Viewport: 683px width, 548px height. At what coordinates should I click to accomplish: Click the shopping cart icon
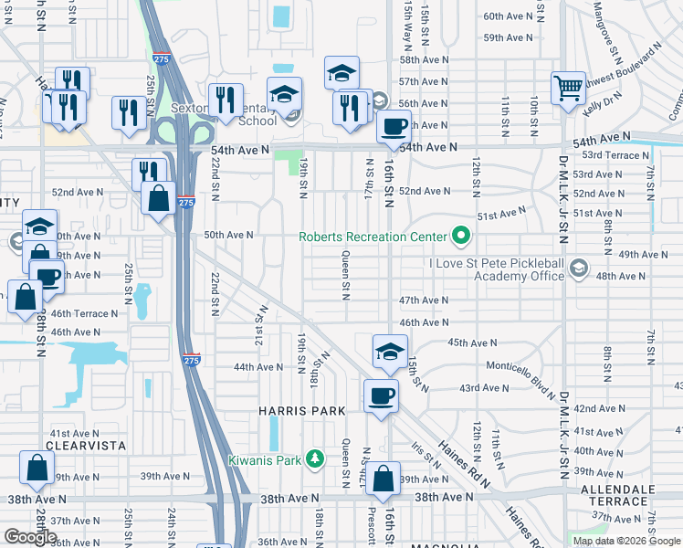[568, 89]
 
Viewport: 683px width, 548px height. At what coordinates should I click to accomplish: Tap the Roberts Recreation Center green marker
[461, 237]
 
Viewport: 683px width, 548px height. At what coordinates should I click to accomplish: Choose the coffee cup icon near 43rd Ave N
[381, 395]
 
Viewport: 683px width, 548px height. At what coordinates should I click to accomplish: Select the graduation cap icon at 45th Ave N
[389, 352]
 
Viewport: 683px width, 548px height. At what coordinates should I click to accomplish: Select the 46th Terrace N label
[84, 313]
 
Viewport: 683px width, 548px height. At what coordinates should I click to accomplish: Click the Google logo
[31, 536]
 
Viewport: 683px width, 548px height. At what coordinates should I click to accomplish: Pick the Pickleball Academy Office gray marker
[578, 267]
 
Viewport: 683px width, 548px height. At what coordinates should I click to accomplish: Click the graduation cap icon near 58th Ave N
[342, 72]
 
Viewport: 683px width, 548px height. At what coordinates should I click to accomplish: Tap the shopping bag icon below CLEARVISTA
[37, 469]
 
